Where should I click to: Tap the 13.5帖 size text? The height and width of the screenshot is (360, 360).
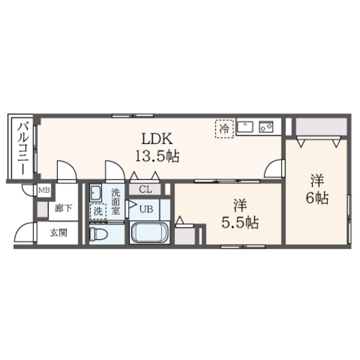pyautogui.click(x=156, y=156)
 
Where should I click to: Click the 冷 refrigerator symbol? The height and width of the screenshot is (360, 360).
pyautogui.click(x=224, y=128)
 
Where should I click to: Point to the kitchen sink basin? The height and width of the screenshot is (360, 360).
pyautogui.click(x=246, y=128)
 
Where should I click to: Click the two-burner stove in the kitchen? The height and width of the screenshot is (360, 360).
pyautogui.click(x=265, y=128)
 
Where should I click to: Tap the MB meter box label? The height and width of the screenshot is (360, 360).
pyautogui.click(x=44, y=191)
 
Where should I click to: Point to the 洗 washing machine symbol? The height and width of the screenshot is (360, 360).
pyautogui.click(x=98, y=213)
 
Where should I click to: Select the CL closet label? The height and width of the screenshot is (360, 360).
pyautogui.click(x=145, y=190)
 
